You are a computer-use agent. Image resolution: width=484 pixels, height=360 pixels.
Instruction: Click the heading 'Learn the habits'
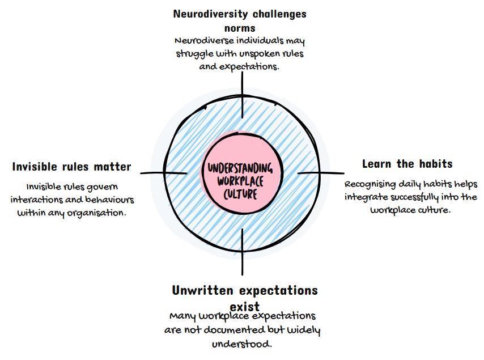(x=407, y=164)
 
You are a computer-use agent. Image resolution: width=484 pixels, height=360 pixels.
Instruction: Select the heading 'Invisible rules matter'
(x=71, y=167)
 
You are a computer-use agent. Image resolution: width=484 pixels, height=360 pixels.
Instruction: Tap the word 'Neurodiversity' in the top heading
(x=207, y=14)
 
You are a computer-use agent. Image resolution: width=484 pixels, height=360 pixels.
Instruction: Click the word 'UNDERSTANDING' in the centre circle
(x=240, y=169)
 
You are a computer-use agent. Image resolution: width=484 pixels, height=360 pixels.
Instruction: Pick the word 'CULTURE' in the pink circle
(x=240, y=194)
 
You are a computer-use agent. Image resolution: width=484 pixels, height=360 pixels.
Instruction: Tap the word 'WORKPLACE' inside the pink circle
(x=240, y=181)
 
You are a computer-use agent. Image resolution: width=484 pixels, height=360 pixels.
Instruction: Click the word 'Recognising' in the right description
(x=371, y=184)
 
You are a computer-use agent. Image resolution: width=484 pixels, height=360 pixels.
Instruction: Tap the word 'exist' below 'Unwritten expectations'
(x=244, y=306)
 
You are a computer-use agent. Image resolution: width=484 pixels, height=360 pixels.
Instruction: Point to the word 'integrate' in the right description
(x=368, y=197)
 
